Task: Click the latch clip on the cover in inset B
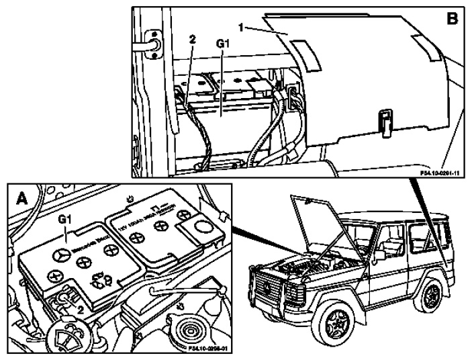click(x=385, y=122)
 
